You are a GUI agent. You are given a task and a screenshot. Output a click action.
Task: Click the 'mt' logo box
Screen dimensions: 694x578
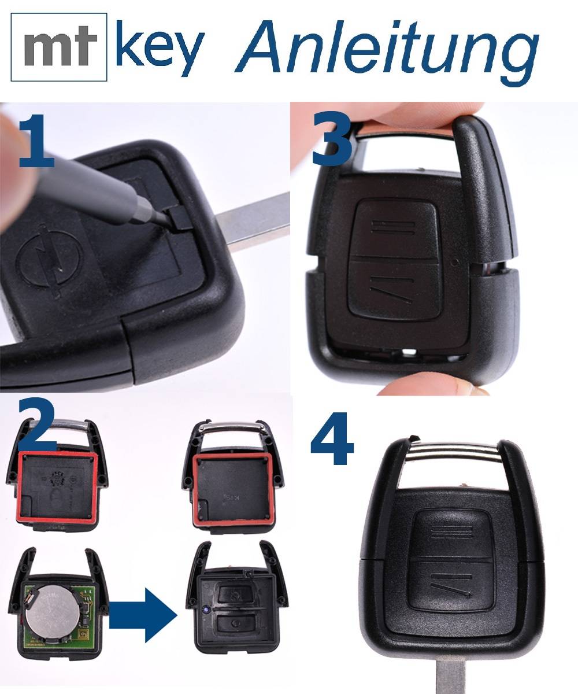coord(59,46)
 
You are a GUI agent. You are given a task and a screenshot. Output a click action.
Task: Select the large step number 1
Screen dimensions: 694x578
coord(38,141)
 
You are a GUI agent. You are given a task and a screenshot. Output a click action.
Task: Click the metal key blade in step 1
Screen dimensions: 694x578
coord(254,223)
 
